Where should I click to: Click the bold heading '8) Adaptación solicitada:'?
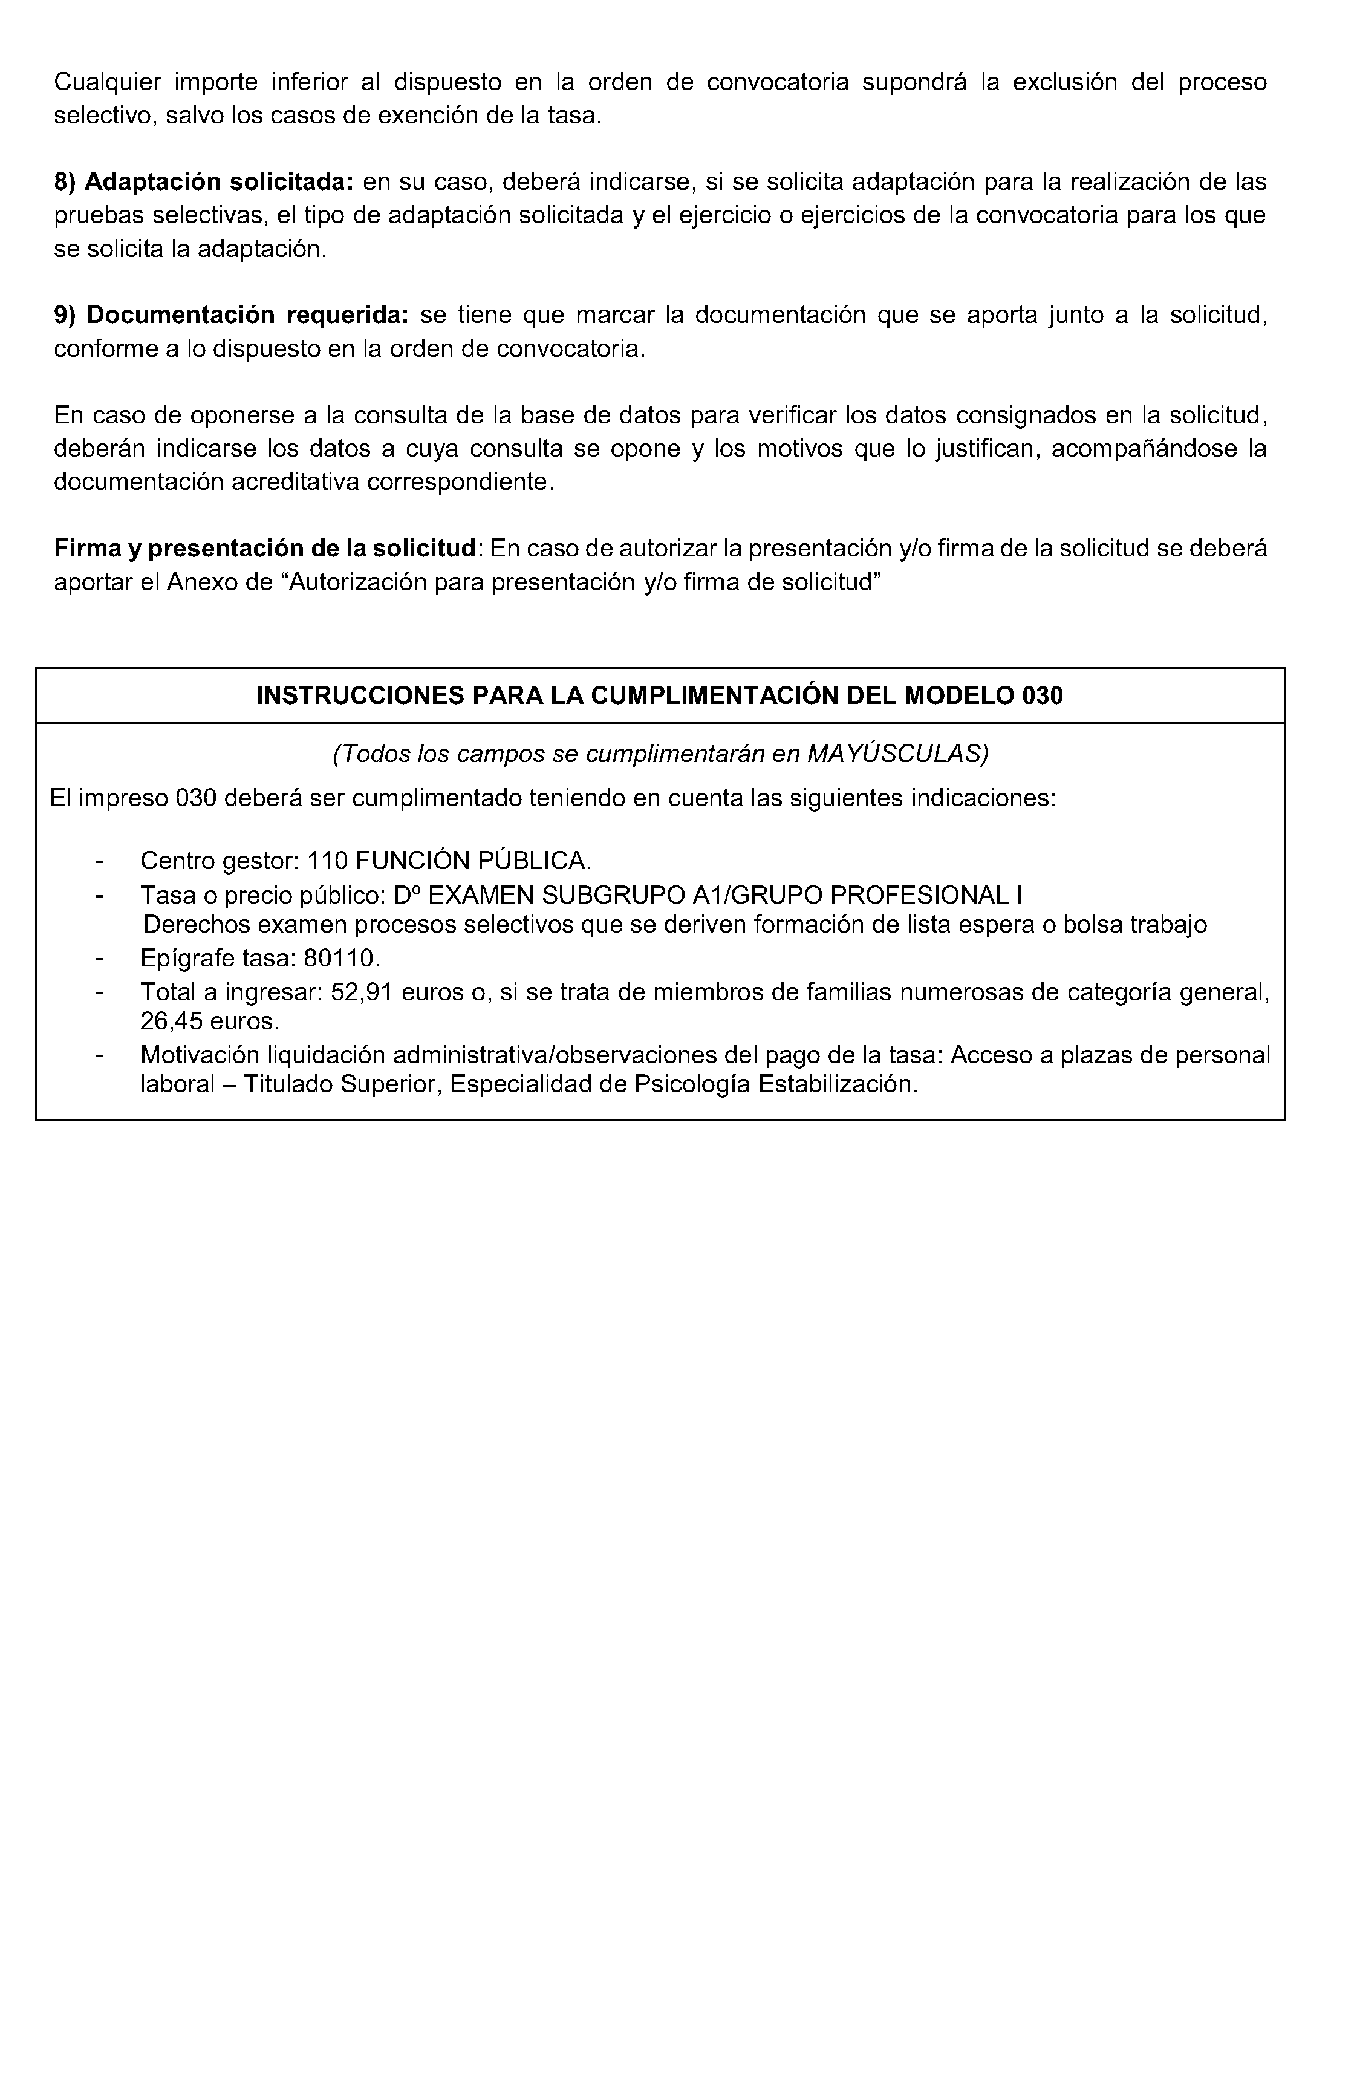point(203,182)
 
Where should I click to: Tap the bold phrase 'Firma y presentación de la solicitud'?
point(264,549)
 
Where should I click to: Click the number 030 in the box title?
point(1043,696)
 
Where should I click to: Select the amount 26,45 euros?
point(209,1022)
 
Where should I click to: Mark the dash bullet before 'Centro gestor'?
point(99,861)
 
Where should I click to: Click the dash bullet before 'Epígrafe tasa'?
point(99,958)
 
